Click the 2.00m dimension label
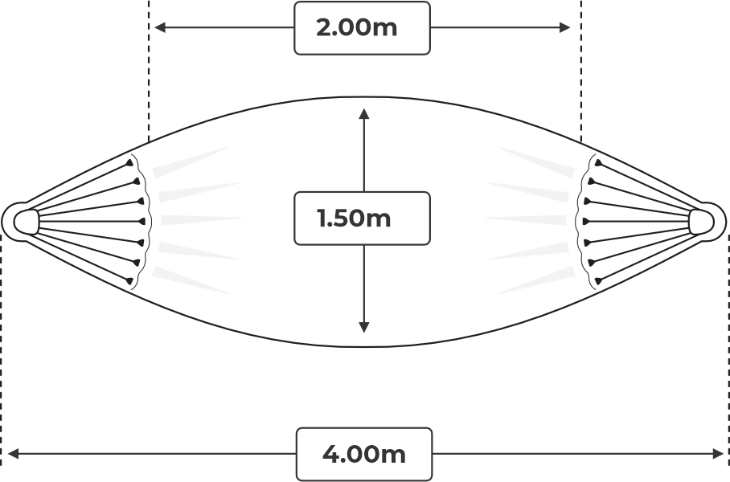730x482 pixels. [357, 27]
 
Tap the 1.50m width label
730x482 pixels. [354, 219]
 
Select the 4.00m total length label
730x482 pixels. [363, 454]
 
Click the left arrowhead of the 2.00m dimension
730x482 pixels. [160, 28]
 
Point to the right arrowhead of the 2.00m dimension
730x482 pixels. [564, 28]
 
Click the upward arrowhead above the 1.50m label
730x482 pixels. [364, 114]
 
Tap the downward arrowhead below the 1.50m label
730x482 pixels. [364, 327]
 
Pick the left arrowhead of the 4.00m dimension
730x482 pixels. [14, 454]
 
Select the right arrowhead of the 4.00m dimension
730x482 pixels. [717, 454]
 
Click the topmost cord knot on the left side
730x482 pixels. [129, 163]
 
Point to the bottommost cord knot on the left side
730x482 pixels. [129, 280]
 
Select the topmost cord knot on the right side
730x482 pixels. [598, 163]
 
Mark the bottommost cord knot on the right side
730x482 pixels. [598, 280]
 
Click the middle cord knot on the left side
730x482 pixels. [141, 222]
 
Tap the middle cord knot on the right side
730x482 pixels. [587, 222]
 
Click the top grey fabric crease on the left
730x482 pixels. [191, 162]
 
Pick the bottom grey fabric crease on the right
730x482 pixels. [536, 280]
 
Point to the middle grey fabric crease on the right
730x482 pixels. [526, 220]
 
